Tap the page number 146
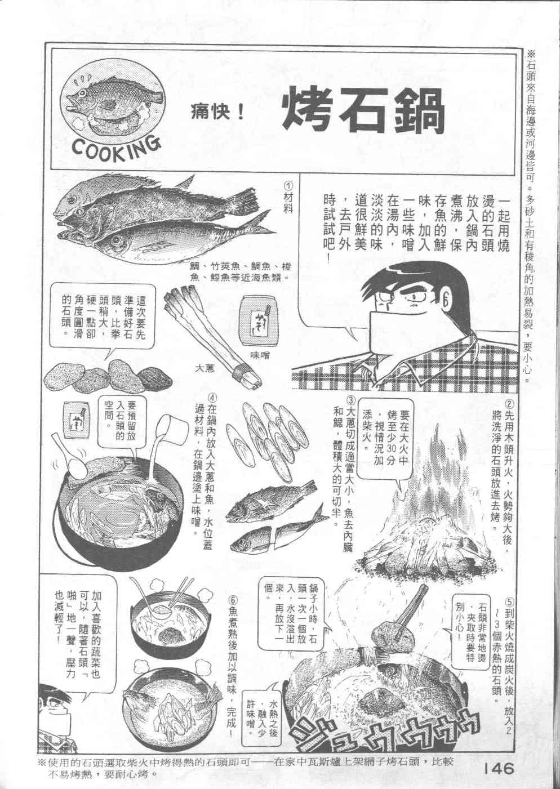point(499,768)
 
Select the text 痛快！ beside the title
point(217,113)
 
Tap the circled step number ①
point(288,185)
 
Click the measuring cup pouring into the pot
point(174,428)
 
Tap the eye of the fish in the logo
point(83,93)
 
